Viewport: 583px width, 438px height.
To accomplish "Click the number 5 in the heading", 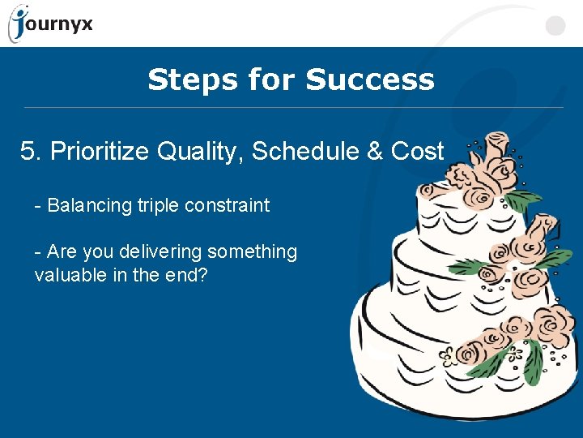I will point(28,151).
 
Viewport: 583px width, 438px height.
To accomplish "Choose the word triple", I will point(157,206).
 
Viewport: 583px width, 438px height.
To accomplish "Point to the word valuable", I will point(66,275).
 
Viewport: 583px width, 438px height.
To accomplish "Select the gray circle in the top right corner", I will point(555,25).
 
